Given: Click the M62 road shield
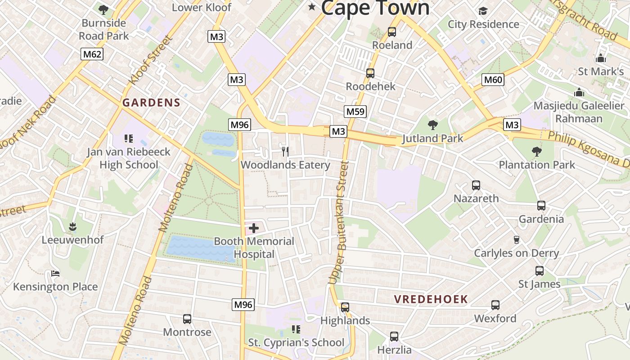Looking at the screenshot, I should click(x=92, y=54).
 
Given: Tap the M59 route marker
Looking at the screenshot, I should click(x=355, y=112).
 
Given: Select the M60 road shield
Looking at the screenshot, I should click(x=493, y=80).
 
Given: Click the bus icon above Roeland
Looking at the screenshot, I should click(x=391, y=32).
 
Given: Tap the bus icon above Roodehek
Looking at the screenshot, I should click(x=370, y=73).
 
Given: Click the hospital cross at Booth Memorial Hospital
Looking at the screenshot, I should click(x=254, y=228).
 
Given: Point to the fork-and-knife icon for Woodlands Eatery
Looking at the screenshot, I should click(x=284, y=151).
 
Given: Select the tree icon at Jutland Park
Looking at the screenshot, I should click(x=432, y=125).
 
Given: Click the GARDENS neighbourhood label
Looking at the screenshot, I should click(x=151, y=103).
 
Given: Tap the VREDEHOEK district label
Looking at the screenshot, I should click(x=431, y=299).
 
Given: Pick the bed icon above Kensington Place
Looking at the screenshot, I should click(x=55, y=273).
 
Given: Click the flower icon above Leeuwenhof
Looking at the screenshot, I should click(x=72, y=226).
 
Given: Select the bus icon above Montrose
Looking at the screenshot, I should click(x=187, y=319).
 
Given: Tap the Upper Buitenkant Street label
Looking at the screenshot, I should click(x=339, y=223).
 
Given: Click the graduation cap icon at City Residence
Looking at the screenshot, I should click(x=483, y=11).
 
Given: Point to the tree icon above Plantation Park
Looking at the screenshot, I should click(x=536, y=151).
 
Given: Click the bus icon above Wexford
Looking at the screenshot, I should click(x=495, y=305).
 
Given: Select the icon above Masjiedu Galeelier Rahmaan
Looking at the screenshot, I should click(x=579, y=93).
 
